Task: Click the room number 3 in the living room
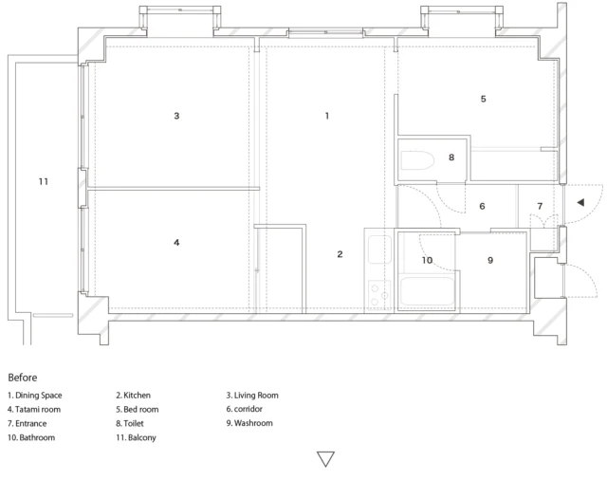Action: tap(176, 116)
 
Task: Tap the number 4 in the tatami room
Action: tap(176, 243)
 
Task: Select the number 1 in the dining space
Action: tap(327, 116)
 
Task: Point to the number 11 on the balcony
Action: tap(44, 181)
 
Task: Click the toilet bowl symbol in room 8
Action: tap(417, 160)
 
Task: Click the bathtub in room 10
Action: tap(427, 291)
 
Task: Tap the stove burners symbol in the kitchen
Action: tap(379, 294)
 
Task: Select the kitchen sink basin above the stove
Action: tap(379, 249)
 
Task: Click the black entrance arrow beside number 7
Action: tap(580, 202)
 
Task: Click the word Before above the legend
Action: tap(23, 378)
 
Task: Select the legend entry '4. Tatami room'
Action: tap(34, 410)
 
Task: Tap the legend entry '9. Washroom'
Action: tap(249, 423)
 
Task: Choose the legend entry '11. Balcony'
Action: tap(136, 438)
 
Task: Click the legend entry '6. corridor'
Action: tap(245, 409)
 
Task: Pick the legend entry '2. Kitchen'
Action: tap(133, 396)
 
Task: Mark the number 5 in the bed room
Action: tap(483, 99)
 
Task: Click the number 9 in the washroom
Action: tap(490, 260)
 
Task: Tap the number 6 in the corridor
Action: tap(482, 206)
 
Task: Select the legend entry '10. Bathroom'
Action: tap(31, 438)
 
